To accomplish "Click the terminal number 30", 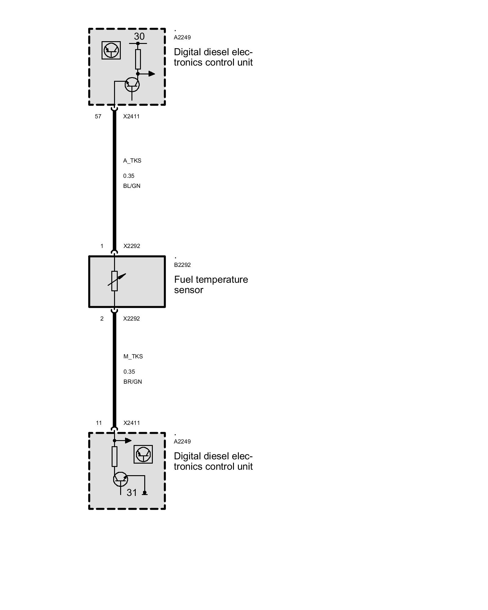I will point(139,37).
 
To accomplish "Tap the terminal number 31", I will point(132,493).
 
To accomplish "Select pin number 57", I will point(98,117).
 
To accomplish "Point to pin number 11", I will point(99,423).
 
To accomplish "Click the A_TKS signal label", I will point(132,161).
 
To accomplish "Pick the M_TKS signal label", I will point(133,357).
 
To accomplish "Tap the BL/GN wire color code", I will point(132,186).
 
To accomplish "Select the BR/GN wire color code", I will point(133,382).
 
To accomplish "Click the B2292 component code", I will point(182,265).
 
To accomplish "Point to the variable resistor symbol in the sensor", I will point(115,281).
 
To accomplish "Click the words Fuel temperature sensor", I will point(211,285).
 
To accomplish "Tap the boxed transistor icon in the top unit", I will point(111,50).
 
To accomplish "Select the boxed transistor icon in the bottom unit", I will point(143,454).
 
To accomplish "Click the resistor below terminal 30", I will point(138,59).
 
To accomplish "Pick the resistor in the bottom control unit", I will point(114,456).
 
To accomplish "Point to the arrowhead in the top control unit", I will point(152,74).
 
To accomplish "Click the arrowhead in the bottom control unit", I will point(128,440).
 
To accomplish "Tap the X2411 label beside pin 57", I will point(131,117).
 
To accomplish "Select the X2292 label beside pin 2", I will point(131,319).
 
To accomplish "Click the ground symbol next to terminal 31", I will point(145,493).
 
